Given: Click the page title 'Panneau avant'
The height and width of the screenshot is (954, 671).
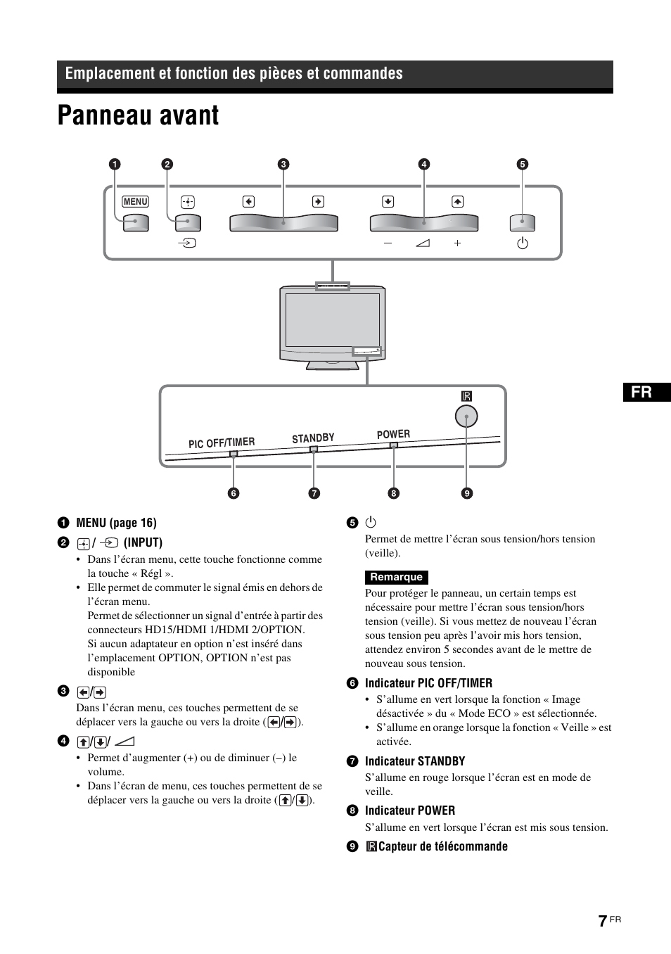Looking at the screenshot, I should click(139, 116).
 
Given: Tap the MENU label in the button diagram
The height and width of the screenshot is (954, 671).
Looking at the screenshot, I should click(135, 202).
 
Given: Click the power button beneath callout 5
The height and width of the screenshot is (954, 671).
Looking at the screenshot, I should click(522, 223).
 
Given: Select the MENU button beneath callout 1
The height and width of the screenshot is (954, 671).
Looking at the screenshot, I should click(136, 223).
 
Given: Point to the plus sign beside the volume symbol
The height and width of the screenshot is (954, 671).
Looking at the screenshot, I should click(457, 243).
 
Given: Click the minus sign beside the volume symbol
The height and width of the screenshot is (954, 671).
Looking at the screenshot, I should click(388, 243).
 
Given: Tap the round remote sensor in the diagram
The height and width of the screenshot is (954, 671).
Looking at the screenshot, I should click(466, 416).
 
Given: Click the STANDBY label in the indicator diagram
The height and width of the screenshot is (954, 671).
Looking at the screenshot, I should click(313, 438).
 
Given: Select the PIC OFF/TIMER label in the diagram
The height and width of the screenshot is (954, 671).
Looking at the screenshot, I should click(222, 443).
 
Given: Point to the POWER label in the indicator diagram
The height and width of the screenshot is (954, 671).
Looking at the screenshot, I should click(393, 435).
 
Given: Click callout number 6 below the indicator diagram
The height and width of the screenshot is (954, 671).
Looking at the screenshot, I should click(234, 493).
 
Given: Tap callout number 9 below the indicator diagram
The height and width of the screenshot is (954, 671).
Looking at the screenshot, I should click(466, 493).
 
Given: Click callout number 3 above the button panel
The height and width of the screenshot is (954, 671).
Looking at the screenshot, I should click(283, 165).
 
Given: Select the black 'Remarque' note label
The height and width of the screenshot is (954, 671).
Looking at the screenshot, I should click(396, 578).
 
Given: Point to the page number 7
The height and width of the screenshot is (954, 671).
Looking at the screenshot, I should click(602, 922).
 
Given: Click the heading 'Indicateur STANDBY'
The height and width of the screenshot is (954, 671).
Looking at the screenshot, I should click(414, 761).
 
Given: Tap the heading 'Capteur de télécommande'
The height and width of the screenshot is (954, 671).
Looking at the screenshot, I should click(442, 846).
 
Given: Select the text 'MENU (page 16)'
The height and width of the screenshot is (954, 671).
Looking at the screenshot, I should click(116, 523).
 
